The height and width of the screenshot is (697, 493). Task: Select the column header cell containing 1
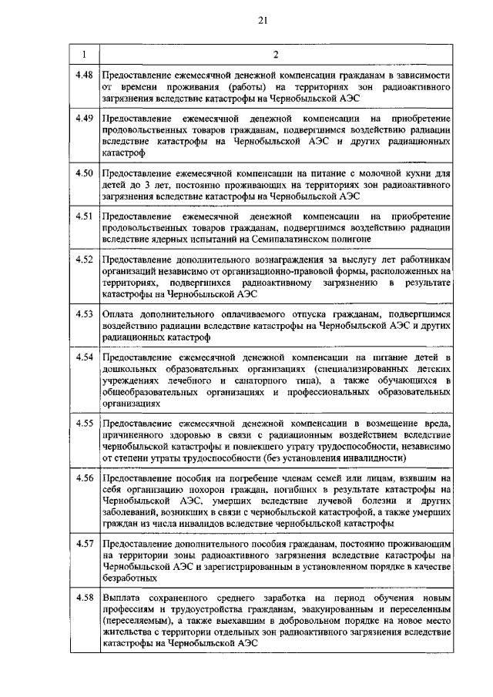click(83, 54)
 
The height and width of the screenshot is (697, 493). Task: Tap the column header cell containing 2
click(275, 54)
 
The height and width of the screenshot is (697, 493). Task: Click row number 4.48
click(84, 74)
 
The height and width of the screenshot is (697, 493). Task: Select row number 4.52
click(84, 259)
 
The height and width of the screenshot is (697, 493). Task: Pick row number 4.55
click(84, 423)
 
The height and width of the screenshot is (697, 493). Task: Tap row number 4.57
click(84, 545)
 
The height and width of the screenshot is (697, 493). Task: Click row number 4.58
click(84, 597)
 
